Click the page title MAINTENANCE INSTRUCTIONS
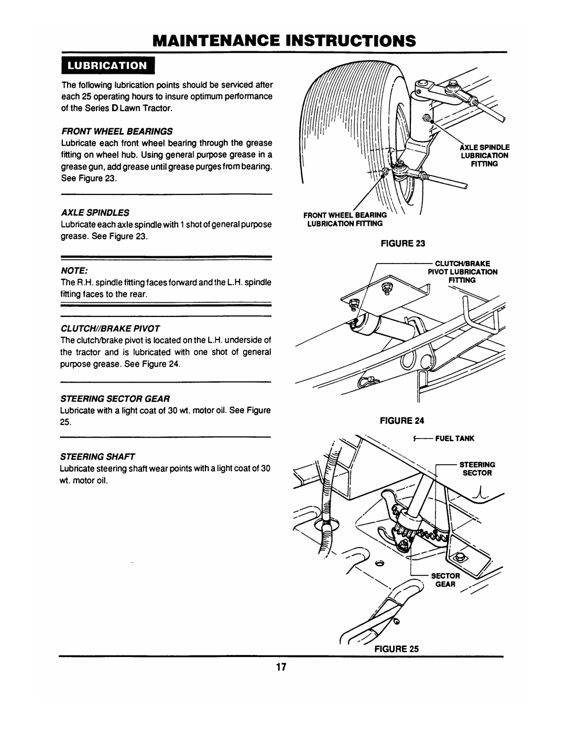click(x=282, y=40)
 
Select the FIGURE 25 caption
click(x=399, y=648)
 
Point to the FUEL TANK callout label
click(x=455, y=438)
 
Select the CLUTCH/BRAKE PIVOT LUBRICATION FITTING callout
click(x=464, y=272)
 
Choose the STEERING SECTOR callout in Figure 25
click(x=476, y=468)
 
